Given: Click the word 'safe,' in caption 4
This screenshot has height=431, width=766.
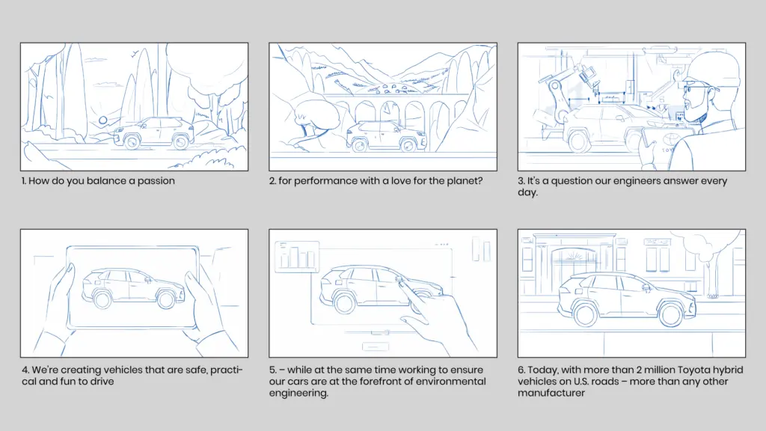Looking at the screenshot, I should coord(194,370).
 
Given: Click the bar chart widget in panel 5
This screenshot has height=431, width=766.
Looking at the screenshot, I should coord(297,256).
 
